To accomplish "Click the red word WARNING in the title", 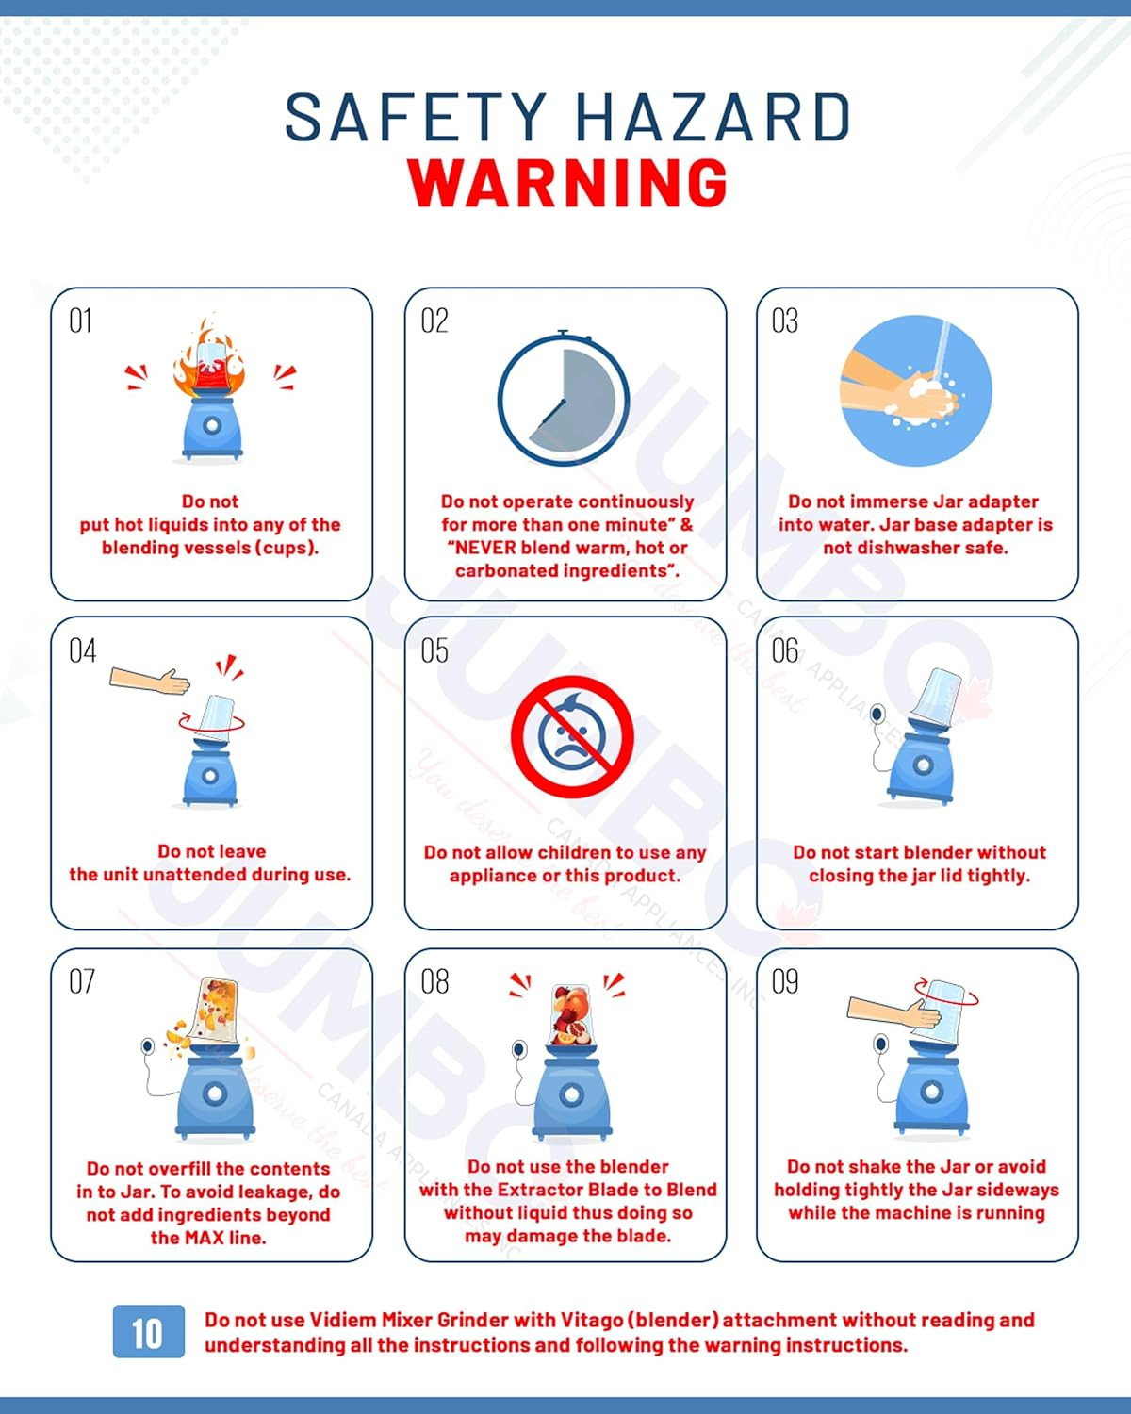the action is (x=567, y=182).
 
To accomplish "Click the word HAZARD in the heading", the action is (x=713, y=117).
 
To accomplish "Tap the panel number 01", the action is (x=80, y=321).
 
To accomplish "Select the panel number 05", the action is (x=434, y=650).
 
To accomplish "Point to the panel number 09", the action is (x=785, y=981).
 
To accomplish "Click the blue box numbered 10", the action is (x=149, y=1331).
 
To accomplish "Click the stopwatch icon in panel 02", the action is (x=564, y=398).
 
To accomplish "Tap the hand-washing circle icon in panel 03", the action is (x=916, y=391).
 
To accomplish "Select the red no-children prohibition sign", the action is (x=572, y=736).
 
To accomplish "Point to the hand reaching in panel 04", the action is (x=150, y=681).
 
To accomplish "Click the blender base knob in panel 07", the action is (x=215, y=1093).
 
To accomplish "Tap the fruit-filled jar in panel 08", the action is (x=570, y=1014).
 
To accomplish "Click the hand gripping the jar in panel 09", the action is (x=894, y=1011).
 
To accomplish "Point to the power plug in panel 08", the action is (x=519, y=1049).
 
